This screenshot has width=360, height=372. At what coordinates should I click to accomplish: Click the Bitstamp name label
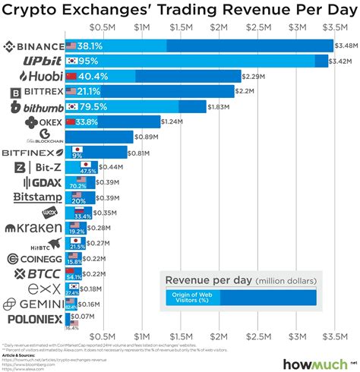35,197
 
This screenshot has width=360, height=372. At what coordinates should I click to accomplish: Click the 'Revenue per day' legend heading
207,282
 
